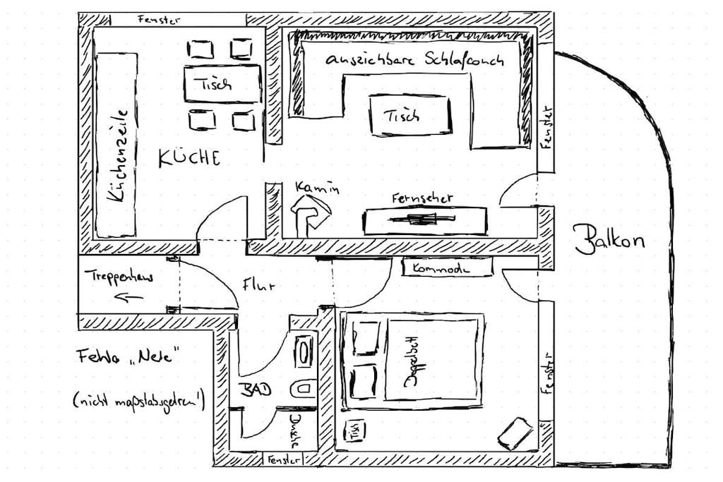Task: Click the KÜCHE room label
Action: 189,157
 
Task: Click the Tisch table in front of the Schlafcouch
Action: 410,114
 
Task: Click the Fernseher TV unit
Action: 424,220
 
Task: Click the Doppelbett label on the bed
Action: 410,360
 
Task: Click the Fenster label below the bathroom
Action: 283,460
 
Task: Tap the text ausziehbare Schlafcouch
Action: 415,59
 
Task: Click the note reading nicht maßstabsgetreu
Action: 138,402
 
